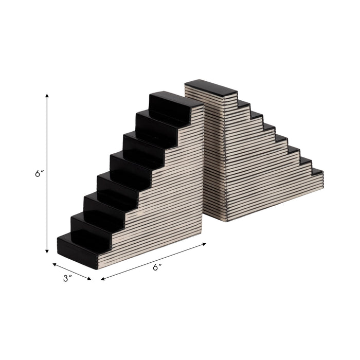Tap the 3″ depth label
point(67,278)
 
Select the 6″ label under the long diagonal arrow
point(158,267)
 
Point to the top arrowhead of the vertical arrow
point(47,96)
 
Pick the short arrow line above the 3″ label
point(71,272)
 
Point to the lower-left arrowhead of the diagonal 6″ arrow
point(103,279)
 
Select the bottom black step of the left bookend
point(77,249)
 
